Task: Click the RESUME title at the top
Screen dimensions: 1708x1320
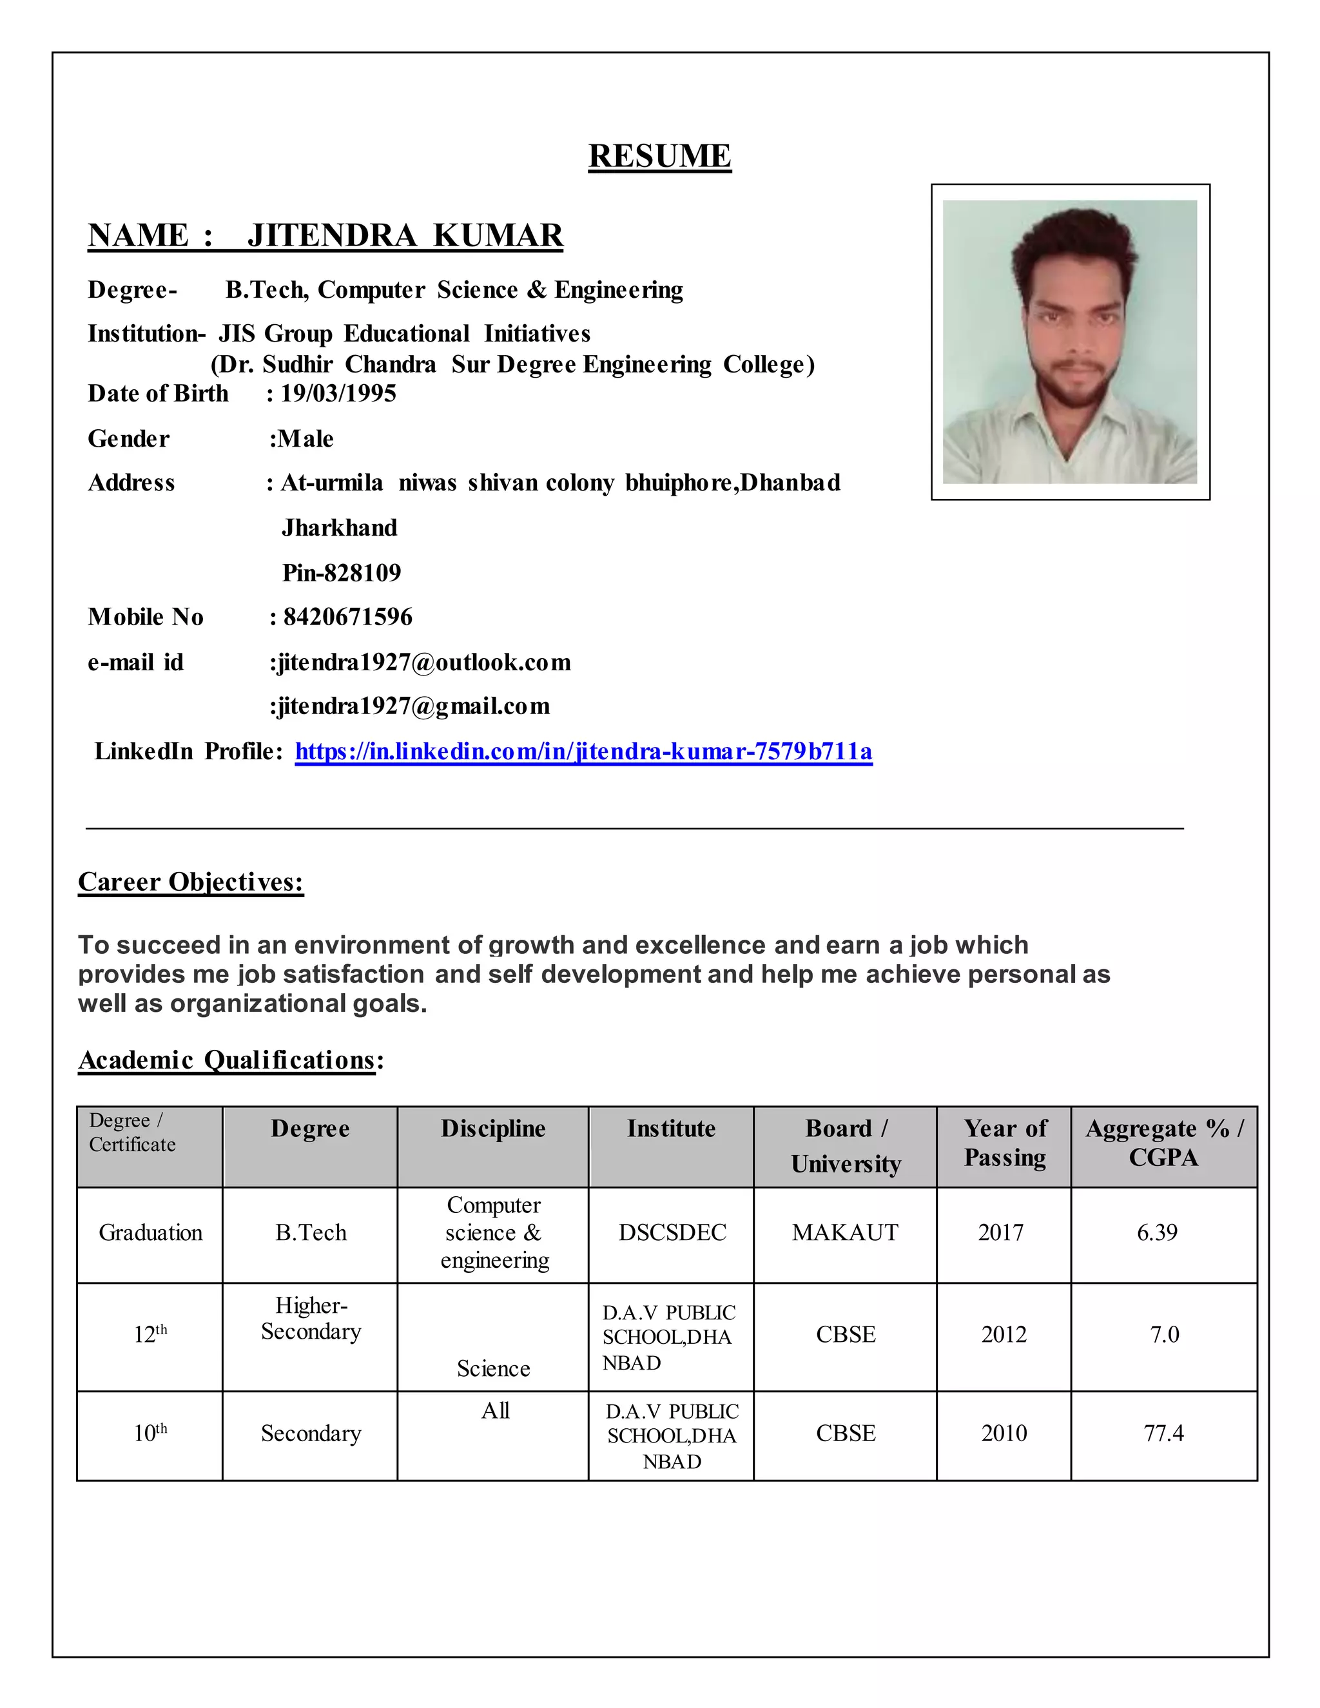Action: tap(659, 157)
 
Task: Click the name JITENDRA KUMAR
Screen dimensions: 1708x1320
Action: tap(405, 235)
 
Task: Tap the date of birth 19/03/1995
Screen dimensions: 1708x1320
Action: tap(338, 393)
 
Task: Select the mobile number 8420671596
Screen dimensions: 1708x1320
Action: tap(347, 617)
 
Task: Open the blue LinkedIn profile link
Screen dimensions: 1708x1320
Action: tap(583, 752)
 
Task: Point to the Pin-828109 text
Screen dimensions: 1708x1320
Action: tap(342, 573)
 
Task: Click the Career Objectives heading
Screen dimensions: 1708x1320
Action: tap(191, 882)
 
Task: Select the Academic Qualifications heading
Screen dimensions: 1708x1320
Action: tap(227, 1060)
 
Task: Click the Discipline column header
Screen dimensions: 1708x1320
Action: tap(492, 1129)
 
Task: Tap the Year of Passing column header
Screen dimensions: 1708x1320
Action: tap(1005, 1143)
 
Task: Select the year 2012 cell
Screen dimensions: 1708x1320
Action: tap(1004, 1334)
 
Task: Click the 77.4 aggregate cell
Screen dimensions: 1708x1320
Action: tap(1163, 1433)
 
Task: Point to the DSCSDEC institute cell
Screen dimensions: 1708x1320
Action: tap(672, 1232)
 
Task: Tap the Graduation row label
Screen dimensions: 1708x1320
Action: tap(150, 1232)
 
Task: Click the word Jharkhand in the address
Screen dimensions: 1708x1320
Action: tap(340, 529)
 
